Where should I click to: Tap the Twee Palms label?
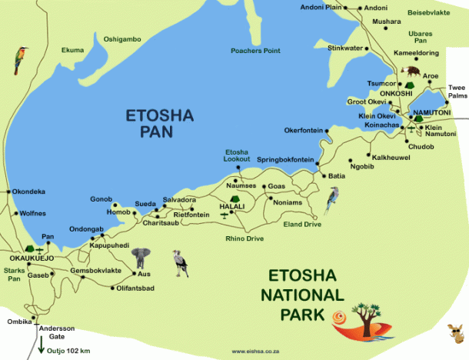457,92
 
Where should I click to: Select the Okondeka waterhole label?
28,192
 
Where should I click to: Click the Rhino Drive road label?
245,238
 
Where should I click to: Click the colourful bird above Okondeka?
18,60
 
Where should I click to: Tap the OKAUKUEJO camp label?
27,259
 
